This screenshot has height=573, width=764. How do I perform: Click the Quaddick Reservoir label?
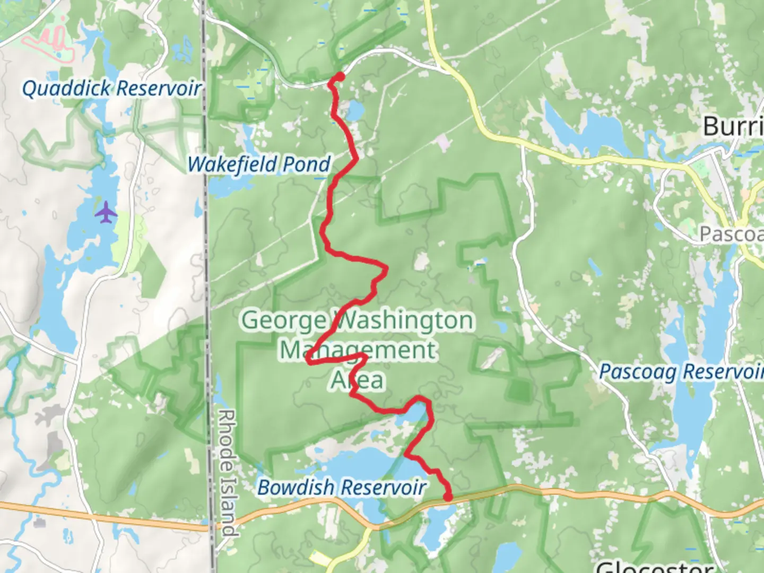click(111, 88)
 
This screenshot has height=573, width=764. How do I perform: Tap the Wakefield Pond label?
click(259, 164)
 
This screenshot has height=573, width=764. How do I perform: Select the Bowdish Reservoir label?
click(342, 487)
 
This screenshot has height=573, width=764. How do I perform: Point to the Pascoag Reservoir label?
click(681, 371)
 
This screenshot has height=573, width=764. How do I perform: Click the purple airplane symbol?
click(107, 213)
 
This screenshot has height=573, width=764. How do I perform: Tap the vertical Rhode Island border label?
click(227, 472)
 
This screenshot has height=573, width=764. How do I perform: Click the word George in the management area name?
click(284, 320)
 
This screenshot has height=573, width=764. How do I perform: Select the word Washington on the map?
click(403, 320)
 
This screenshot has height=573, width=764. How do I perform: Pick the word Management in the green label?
click(359, 350)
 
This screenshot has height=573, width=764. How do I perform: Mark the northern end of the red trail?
click(338, 77)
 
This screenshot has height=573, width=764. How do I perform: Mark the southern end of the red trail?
click(448, 497)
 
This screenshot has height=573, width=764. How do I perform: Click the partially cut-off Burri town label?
click(733, 126)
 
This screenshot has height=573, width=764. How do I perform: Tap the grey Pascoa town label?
click(731, 233)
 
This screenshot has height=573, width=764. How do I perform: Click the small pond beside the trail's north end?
click(354, 111)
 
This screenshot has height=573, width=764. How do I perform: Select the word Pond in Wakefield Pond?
click(306, 164)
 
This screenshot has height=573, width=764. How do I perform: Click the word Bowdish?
click(296, 487)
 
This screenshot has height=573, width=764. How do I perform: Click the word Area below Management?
click(358, 380)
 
